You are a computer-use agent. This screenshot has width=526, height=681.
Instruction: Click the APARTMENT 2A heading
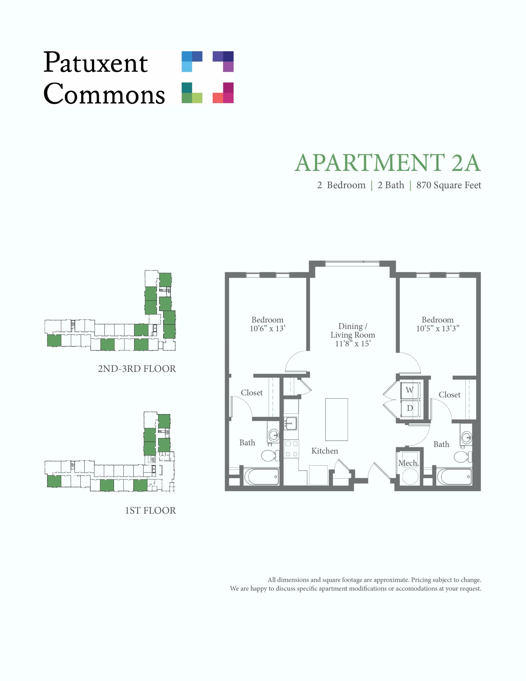(387, 163)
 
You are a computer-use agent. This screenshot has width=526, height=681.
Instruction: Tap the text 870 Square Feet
(449, 185)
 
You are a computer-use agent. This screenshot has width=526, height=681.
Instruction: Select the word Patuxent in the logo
(95, 62)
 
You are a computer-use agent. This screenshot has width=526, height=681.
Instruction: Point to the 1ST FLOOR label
(150, 510)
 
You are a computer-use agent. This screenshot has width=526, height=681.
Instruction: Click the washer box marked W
(410, 390)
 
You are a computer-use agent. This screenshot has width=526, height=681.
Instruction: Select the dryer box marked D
(410, 408)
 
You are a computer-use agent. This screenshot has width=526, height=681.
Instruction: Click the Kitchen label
(325, 451)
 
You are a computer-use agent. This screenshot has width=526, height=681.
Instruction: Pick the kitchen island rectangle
(336, 420)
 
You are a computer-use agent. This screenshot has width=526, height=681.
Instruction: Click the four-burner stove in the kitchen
(291, 449)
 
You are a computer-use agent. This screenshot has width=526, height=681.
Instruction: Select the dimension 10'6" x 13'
(268, 328)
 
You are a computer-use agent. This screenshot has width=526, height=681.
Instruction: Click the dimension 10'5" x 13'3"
(438, 328)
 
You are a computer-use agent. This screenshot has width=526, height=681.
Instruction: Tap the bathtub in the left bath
(262, 477)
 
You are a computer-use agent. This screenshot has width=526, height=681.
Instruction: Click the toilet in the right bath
(463, 457)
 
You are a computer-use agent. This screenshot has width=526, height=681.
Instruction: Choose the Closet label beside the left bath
(252, 393)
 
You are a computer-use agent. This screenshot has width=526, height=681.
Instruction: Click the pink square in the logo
(228, 98)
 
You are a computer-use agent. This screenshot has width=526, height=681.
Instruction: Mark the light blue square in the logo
(187, 67)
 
